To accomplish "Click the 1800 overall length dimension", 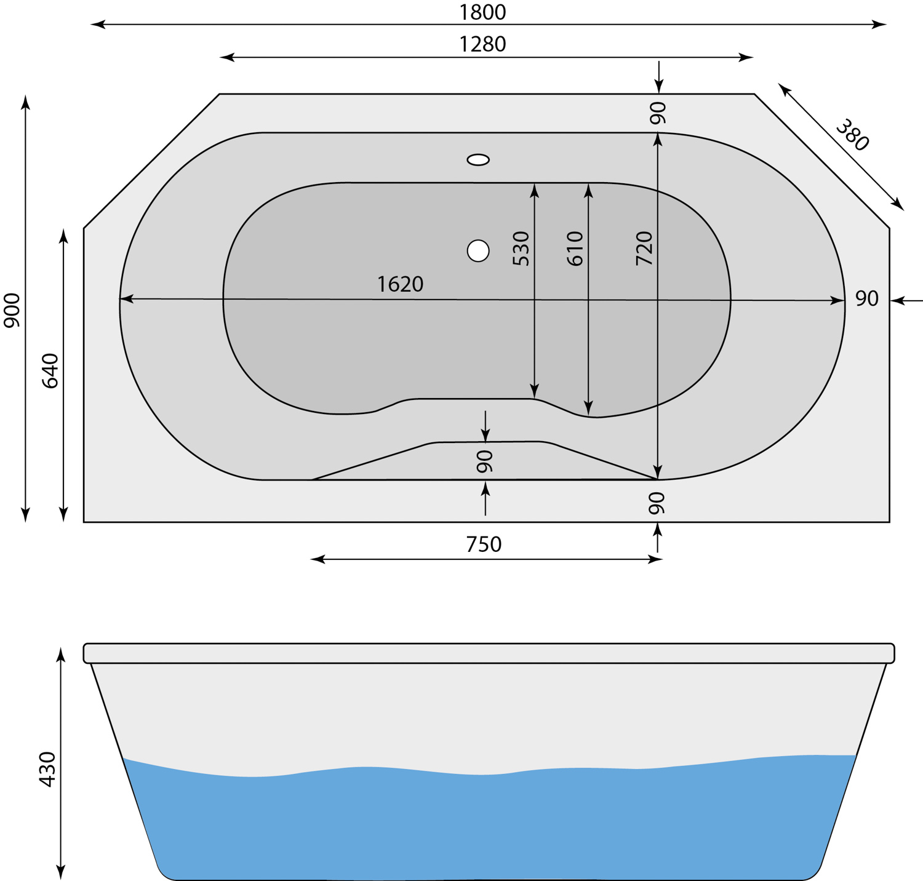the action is point(483,12).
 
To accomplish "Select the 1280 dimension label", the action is point(483,44).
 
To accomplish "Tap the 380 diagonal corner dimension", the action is point(852,135).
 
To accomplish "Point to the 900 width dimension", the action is point(12,310).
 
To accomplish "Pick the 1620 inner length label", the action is point(400,284).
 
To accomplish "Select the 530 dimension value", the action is point(521,249).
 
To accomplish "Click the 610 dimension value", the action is point(575,249).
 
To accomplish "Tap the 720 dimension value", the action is point(644,249).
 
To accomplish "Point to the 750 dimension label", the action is point(484,544).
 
